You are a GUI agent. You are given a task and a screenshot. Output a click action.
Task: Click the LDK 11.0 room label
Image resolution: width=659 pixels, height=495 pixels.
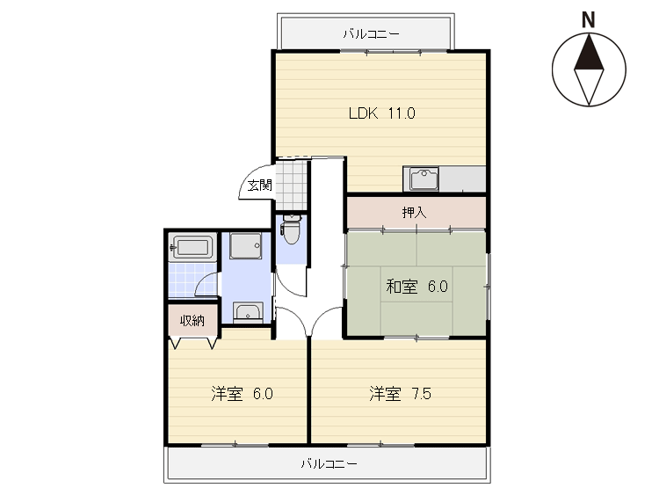tap(382, 113)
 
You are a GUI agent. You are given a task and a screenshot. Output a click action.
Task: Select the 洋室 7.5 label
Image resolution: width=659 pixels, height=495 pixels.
tap(400, 394)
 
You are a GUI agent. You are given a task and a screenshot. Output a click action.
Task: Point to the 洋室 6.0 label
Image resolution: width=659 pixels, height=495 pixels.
tap(243, 394)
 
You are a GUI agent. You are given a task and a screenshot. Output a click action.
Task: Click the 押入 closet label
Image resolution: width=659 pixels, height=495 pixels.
tap(415, 213)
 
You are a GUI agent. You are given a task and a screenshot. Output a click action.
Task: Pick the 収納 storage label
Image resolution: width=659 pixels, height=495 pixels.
tap(192, 321)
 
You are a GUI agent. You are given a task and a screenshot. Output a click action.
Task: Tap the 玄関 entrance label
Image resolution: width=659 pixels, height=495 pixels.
tap(260, 185)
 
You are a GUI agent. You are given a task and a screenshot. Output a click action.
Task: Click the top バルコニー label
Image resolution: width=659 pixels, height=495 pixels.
tap(371, 33)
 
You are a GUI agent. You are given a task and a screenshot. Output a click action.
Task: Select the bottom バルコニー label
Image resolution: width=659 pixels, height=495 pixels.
tap(329, 464)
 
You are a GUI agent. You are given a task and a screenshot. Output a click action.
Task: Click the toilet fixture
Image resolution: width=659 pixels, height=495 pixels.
tap(291, 229)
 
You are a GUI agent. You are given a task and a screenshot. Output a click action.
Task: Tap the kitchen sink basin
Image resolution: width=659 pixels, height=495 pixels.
tap(424, 178)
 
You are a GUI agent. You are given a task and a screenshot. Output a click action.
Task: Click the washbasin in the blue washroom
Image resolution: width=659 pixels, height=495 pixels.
tap(248, 312)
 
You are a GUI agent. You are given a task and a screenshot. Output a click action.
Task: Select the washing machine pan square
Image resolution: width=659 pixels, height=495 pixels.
tap(245, 245)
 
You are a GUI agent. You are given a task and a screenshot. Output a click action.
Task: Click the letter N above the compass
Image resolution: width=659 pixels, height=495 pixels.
tap(589, 19)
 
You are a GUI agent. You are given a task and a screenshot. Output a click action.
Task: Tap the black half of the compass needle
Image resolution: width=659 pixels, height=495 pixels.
tap(589, 54)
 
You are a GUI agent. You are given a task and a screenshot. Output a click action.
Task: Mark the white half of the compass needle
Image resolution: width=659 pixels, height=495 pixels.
tap(589, 85)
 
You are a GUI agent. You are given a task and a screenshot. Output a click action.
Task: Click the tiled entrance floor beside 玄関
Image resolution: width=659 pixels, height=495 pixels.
tap(291, 185)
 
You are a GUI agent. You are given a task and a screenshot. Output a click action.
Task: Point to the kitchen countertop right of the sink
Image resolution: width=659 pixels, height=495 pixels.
tap(462, 178)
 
